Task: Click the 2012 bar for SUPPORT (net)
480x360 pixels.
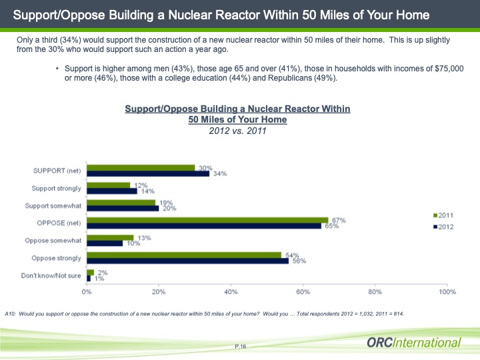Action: pyautogui.click(x=148, y=173)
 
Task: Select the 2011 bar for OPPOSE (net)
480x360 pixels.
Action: pyautogui.click(x=207, y=219)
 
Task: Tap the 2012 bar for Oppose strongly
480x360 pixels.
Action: pyautogui.click(x=187, y=260)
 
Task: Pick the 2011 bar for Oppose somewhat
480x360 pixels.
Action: pyautogui.click(x=110, y=237)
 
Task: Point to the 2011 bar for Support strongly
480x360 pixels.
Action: pyautogui.click(x=108, y=185)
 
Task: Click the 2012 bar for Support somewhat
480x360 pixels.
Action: pyautogui.click(x=123, y=208)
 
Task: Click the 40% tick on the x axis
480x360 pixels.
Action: pyautogui.click(x=231, y=291)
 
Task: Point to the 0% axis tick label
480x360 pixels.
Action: pyautogui.click(x=87, y=291)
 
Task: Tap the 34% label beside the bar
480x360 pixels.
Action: pyautogui.click(x=219, y=174)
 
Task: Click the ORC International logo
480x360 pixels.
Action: pyautogui.click(x=413, y=343)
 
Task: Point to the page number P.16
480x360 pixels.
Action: pyautogui.click(x=241, y=346)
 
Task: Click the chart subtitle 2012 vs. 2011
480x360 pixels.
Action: pyautogui.click(x=238, y=131)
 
